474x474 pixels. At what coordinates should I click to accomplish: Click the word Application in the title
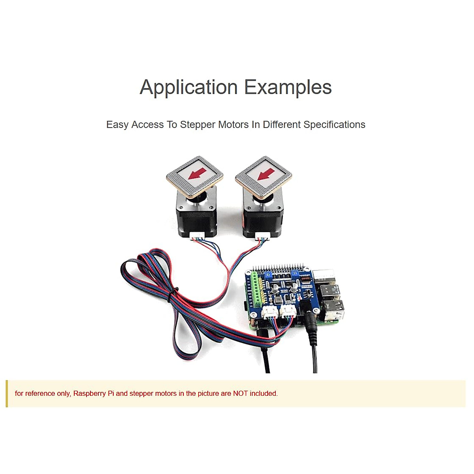click(188, 87)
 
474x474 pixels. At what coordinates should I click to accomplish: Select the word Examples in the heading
click(288, 87)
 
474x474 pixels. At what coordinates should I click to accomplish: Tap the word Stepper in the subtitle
click(197, 125)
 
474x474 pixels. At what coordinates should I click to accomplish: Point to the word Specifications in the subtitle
click(334, 125)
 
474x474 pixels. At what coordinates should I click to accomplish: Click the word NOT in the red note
click(240, 393)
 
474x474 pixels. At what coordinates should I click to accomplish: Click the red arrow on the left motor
click(196, 173)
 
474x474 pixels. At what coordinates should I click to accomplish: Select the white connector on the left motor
click(197, 236)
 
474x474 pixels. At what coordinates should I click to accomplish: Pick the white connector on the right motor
click(262, 236)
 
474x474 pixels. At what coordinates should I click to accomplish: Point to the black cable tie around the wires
click(172, 294)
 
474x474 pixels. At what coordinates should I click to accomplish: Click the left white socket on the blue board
click(270, 312)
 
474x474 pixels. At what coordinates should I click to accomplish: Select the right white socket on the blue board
click(288, 312)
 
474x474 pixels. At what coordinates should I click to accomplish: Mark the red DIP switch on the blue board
click(305, 278)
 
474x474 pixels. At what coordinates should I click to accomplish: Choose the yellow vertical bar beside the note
click(7, 393)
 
